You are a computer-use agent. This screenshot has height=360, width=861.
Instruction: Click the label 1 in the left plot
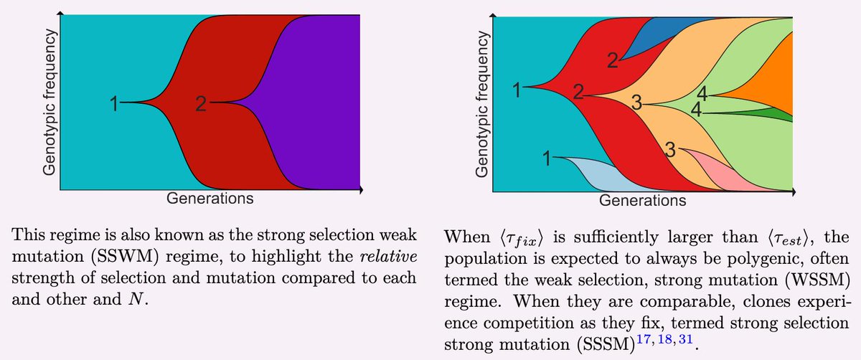click(x=113, y=105)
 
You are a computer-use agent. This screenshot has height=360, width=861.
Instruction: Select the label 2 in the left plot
click(x=201, y=105)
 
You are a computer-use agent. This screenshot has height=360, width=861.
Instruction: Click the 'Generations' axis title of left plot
click(x=210, y=199)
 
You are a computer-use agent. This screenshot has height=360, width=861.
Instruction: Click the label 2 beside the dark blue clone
click(x=611, y=60)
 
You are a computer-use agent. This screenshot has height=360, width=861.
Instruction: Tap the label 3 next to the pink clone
click(x=670, y=149)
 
